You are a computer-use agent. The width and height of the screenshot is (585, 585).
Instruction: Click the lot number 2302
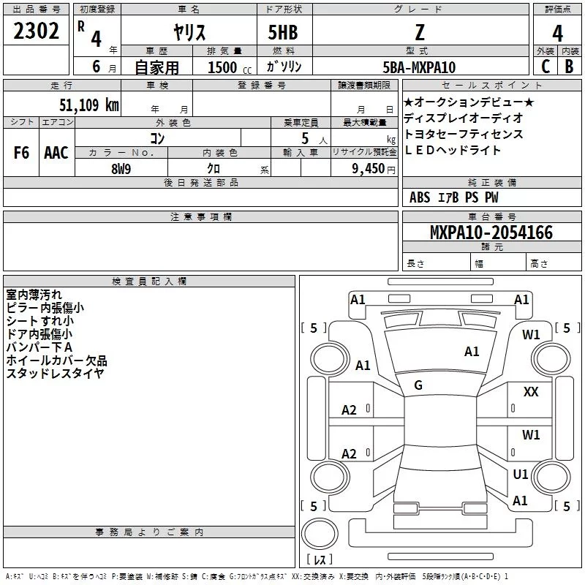[36, 31]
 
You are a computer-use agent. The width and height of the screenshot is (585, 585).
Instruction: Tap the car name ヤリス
[189, 32]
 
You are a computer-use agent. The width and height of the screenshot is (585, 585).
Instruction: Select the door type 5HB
[283, 32]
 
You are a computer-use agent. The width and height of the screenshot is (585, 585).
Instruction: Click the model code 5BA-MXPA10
[419, 67]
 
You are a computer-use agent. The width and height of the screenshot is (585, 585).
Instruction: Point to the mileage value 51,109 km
[89, 105]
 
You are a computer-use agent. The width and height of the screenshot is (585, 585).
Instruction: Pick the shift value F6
[21, 153]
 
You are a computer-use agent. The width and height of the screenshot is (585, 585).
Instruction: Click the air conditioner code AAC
[56, 153]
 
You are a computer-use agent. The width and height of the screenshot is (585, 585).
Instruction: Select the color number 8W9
[121, 169]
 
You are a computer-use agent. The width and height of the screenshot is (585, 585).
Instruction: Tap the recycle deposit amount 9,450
[369, 169]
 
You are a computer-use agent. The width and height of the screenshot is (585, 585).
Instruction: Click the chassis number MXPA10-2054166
[491, 233]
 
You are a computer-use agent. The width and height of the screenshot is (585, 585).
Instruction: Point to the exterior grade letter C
[546, 67]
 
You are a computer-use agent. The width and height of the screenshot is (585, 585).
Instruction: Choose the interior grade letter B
[569, 67]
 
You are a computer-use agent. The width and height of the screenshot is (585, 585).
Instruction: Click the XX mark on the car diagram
[531, 392]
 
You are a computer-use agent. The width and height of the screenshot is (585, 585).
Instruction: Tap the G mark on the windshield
[418, 385]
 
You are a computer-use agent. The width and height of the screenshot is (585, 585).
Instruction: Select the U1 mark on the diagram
[521, 474]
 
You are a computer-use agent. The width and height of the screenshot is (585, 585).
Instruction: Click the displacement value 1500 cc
[230, 67]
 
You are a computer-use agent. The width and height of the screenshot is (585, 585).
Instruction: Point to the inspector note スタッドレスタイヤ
[56, 373]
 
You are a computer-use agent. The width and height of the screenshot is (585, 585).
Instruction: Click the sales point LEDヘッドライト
[453, 150]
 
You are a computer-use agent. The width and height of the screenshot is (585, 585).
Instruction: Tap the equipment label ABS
[420, 197]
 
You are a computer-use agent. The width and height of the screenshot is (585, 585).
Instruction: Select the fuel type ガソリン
[284, 67]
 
